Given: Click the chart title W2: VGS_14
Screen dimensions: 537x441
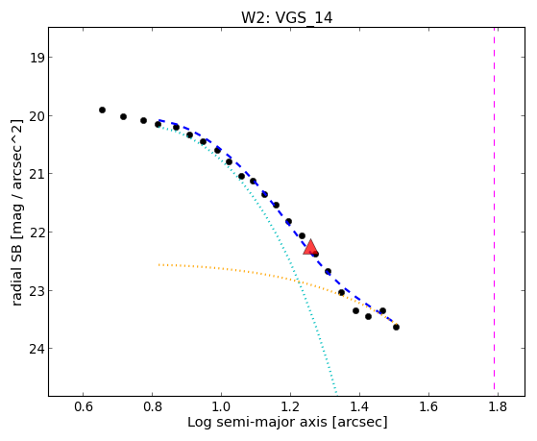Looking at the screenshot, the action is (286, 17).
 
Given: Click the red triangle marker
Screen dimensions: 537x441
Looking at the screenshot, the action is (310, 247).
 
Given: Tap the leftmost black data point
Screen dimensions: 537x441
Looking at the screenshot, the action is (102, 110).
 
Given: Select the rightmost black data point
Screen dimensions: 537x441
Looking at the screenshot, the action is (396, 328).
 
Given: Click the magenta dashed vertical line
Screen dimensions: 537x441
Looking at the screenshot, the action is (494, 208).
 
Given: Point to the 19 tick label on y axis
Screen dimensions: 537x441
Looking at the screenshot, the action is (37, 58).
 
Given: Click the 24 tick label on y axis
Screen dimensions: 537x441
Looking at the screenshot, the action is (37, 349).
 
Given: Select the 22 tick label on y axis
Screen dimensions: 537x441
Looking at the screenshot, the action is (37, 233).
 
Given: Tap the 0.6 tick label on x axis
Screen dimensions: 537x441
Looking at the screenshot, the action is (84, 406).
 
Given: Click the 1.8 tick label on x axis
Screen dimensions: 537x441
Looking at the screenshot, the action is (498, 406).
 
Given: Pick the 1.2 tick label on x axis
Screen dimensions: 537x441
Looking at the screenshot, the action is (290, 406).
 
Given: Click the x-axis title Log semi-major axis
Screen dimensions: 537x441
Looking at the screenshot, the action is (257, 422).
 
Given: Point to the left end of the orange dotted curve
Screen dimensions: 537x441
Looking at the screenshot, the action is (159, 265).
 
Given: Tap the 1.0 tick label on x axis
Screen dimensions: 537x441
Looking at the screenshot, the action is (221, 406).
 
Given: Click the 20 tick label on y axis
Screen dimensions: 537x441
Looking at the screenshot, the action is (37, 116).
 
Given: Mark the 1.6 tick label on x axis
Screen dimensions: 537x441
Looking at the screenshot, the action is (428, 406).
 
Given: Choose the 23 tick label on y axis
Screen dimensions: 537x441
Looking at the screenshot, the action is (37, 291).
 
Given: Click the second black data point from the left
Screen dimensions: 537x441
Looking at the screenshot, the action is (124, 117).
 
